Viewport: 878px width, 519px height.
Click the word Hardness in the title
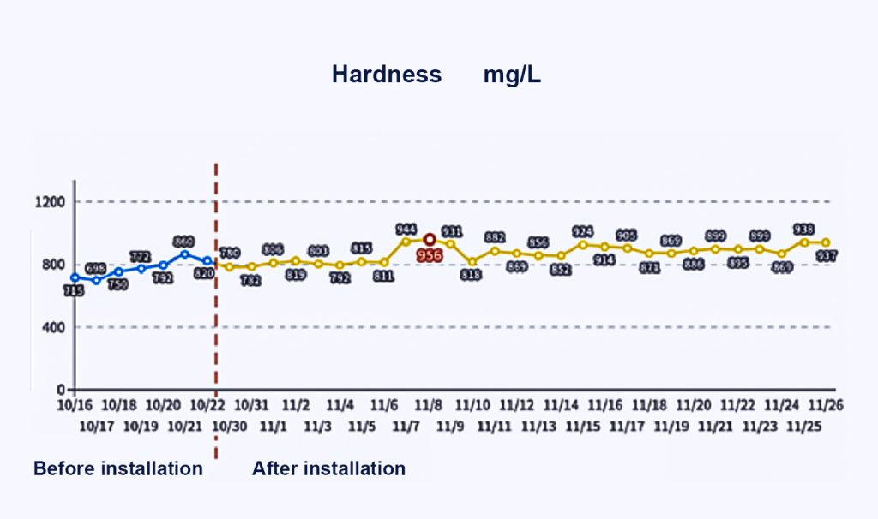pos(387,75)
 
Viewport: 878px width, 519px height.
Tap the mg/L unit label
pos(512,75)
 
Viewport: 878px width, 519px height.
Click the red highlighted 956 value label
pos(430,255)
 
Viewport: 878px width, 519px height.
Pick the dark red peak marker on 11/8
pos(430,240)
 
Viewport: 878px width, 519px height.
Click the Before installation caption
pos(118,468)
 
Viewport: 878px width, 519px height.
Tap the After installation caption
pos(328,468)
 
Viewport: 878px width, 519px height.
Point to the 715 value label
pos(74,292)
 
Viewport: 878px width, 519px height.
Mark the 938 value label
pos(803,229)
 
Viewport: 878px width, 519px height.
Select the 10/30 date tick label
pos(228,425)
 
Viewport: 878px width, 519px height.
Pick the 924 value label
pos(583,231)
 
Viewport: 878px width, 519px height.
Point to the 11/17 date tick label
pos(627,425)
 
